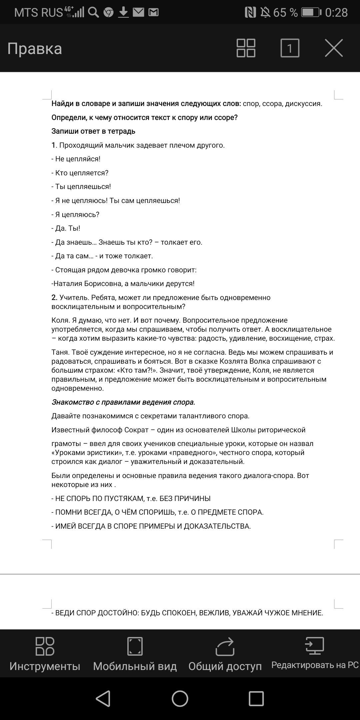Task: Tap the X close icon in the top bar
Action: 334,48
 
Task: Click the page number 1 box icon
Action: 290,48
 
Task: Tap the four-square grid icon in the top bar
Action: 246,48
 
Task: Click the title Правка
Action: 35,49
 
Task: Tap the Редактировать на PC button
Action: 315,653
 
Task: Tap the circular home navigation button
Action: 180,698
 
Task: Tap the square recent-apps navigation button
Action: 256,698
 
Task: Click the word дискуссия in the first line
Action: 304,104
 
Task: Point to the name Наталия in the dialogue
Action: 68,284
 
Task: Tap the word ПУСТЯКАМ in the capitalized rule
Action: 123,499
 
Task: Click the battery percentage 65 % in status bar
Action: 285,13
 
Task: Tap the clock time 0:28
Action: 336,13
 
